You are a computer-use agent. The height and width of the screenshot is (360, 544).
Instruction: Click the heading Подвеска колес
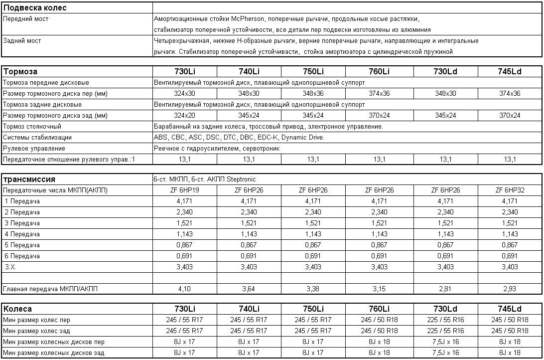(x=35, y=8)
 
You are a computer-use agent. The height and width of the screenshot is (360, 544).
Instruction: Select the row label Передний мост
(x=26, y=19)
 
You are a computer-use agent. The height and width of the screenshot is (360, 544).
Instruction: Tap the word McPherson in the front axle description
(x=249, y=19)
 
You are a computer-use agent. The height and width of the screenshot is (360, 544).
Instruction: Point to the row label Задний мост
(x=22, y=41)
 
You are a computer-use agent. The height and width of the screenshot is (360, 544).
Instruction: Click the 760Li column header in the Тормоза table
(x=379, y=71)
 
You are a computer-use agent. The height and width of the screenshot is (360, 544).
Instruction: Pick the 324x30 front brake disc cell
(x=185, y=94)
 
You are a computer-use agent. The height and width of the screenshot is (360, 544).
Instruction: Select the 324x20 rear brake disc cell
(x=185, y=116)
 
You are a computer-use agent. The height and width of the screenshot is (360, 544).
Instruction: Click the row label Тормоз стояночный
(x=32, y=127)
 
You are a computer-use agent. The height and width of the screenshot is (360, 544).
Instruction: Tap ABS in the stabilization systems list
(x=161, y=138)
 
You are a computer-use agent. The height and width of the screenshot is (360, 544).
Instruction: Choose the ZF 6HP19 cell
(x=185, y=190)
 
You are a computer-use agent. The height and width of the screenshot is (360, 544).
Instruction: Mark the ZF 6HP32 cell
(x=510, y=190)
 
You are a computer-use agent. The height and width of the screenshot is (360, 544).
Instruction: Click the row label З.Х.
(x=10, y=267)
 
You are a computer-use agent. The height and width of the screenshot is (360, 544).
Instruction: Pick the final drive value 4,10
(x=185, y=289)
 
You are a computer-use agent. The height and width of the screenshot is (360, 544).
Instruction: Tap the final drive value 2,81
(x=445, y=289)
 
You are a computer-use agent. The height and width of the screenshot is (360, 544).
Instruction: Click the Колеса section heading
(x=18, y=309)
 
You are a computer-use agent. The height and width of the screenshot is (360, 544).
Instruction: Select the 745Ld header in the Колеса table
(x=510, y=309)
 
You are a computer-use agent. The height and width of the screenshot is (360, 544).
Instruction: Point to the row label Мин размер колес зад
(x=36, y=331)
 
